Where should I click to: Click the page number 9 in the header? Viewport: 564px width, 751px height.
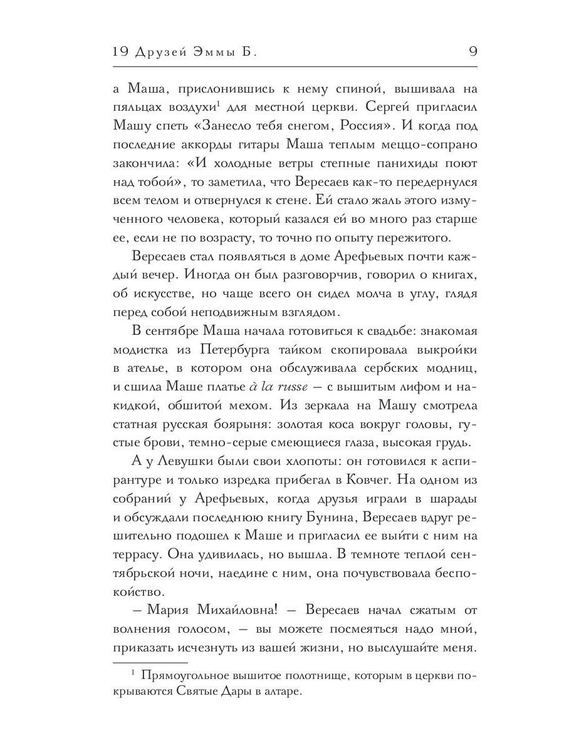(x=472, y=52)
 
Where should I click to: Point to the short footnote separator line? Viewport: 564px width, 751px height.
(x=150, y=662)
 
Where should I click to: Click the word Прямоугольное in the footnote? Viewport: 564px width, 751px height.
(x=189, y=675)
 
